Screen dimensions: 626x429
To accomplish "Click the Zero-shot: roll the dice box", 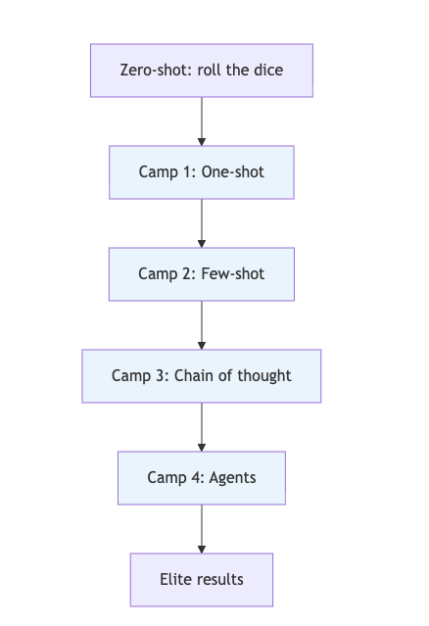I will [201, 71].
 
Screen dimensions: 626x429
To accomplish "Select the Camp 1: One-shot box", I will [201, 172].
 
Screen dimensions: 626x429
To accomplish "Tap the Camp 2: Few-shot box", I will [201, 274].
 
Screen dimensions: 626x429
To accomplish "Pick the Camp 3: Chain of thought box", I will [201, 376].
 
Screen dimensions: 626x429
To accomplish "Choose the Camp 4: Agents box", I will [201, 478].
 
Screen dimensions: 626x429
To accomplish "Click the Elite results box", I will [201, 580].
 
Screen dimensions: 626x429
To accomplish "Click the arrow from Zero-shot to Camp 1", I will [202, 121].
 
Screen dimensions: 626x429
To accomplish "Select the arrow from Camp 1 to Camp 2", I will [202, 223].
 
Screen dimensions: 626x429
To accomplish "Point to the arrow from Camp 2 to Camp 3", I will [202, 325].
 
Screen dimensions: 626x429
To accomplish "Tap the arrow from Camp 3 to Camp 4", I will [202, 427].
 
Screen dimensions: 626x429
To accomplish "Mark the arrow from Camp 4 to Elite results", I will [202, 529].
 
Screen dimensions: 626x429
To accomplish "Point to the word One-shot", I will [233, 172].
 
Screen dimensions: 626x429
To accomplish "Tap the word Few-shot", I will [233, 274].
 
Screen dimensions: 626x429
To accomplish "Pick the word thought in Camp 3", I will [264, 376].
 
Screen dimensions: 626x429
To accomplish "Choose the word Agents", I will [233, 478].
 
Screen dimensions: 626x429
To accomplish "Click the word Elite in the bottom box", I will [176, 580].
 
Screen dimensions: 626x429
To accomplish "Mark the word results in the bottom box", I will [220, 580].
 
